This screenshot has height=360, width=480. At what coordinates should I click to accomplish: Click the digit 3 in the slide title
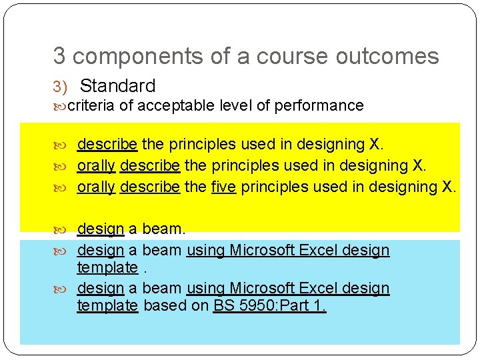[59, 57]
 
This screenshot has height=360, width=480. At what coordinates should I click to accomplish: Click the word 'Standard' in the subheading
[117, 86]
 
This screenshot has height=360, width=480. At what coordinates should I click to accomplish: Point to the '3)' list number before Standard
[61, 87]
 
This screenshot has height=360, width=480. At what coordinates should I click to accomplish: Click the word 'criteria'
[91, 105]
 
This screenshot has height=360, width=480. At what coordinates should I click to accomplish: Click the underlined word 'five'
[223, 187]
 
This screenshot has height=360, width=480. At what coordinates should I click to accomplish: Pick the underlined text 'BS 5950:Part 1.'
[270, 306]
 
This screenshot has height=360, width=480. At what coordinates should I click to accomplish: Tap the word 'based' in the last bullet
[163, 306]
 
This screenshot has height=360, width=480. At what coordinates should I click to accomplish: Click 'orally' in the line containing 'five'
[96, 187]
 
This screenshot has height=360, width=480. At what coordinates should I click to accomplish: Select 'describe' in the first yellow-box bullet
[107, 144]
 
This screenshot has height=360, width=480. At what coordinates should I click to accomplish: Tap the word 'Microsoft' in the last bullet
[261, 289]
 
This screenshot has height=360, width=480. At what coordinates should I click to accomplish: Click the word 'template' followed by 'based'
[107, 306]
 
